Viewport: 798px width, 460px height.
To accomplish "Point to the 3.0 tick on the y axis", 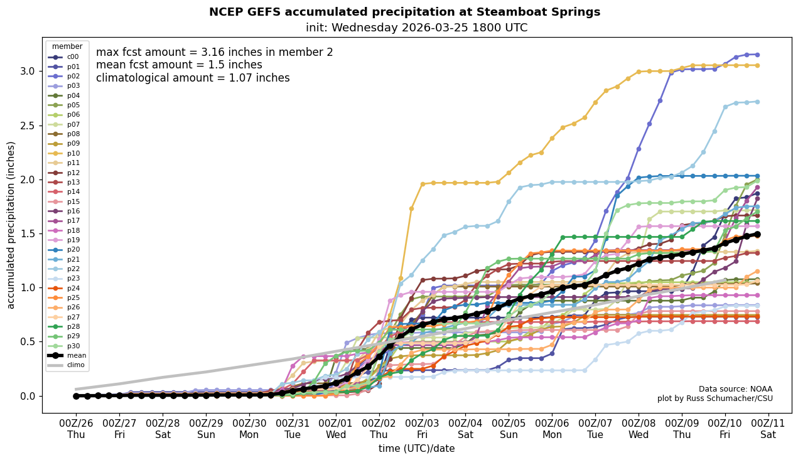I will coord(28,71).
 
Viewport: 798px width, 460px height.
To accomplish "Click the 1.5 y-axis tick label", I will coord(28,233).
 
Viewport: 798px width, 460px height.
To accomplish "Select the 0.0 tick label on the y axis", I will coord(28,396).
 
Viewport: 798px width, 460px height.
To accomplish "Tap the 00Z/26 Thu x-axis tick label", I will coord(76,428).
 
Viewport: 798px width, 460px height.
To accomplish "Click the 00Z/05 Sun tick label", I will coord(509,428).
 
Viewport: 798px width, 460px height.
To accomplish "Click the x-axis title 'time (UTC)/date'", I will coord(416,449).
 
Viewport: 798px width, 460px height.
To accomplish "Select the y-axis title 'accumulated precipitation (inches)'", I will coord(11,225).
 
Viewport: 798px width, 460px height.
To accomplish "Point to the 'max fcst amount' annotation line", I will coord(214,52).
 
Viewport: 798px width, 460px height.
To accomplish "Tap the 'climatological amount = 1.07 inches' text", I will coord(193,78).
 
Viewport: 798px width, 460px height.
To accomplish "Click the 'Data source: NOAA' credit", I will coord(735,389).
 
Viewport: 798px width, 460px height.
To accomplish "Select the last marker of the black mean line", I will coord(757,234).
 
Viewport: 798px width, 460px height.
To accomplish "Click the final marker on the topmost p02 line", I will coord(757,55).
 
